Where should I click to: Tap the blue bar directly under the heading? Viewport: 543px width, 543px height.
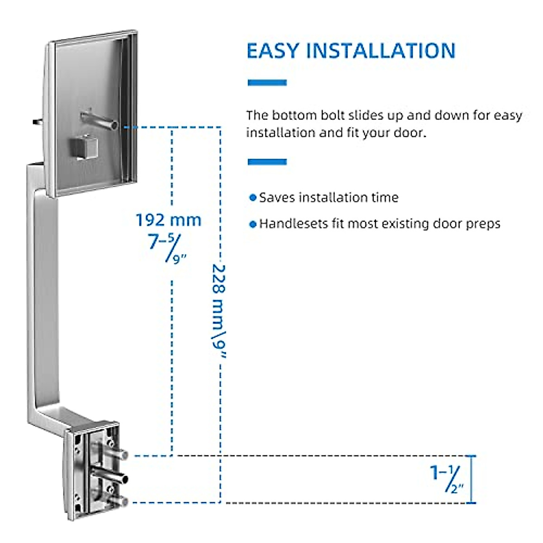(x=267, y=83)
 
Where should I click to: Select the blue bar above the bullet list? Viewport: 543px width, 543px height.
(x=267, y=162)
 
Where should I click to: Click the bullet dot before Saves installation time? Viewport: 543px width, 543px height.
(x=253, y=198)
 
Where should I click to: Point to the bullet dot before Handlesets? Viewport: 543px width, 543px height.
(x=253, y=224)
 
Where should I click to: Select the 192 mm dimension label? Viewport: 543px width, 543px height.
(x=168, y=220)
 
